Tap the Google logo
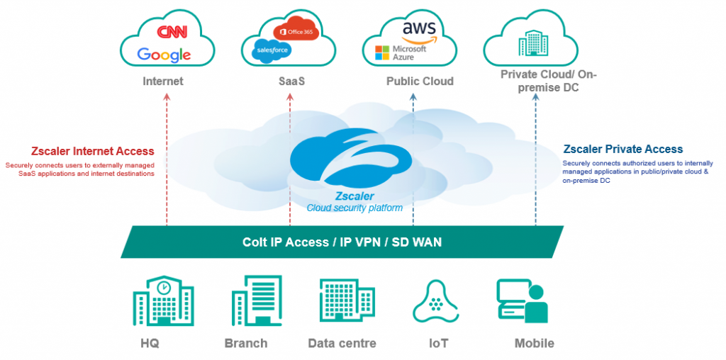pos(164,55)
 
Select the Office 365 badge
pos(297,33)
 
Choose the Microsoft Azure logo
pos(401,52)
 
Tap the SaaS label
pos(291,81)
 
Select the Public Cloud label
pos(420,81)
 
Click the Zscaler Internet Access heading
pos(93,151)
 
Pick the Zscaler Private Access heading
pos(622,150)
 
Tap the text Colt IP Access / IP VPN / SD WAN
pos(342,242)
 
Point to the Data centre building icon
pos(342,301)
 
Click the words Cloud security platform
pos(354,208)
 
